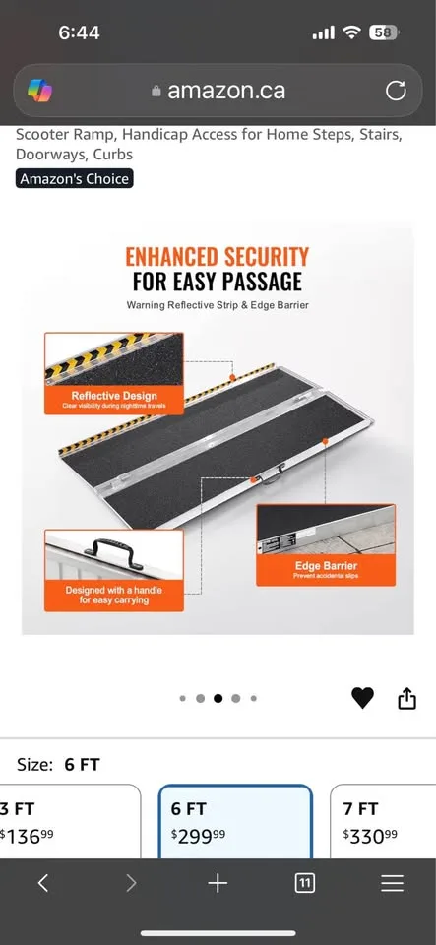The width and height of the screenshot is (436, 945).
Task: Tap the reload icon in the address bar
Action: (x=396, y=92)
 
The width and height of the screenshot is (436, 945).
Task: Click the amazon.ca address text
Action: (x=226, y=91)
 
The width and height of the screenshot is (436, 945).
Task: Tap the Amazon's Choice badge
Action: (x=75, y=178)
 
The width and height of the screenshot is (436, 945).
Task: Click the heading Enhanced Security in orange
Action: (x=217, y=257)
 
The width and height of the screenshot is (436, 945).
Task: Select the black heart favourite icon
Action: (x=362, y=698)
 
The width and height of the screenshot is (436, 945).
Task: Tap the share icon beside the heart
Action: (x=406, y=698)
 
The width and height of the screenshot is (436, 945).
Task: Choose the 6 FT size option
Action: (x=235, y=820)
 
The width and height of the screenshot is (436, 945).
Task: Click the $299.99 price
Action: (x=198, y=835)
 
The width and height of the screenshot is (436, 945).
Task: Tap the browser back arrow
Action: (x=43, y=883)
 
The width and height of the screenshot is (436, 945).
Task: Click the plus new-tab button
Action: (x=218, y=883)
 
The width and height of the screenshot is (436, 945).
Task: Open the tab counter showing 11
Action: (x=305, y=883)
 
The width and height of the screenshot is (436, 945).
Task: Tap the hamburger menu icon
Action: (x=392, y=883)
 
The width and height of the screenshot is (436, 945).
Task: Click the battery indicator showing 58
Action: (x=383, y=32)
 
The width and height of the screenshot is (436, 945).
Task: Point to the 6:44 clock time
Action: (x=79, y=32)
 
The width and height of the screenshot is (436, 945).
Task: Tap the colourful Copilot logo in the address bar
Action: (x=40, y=92)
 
